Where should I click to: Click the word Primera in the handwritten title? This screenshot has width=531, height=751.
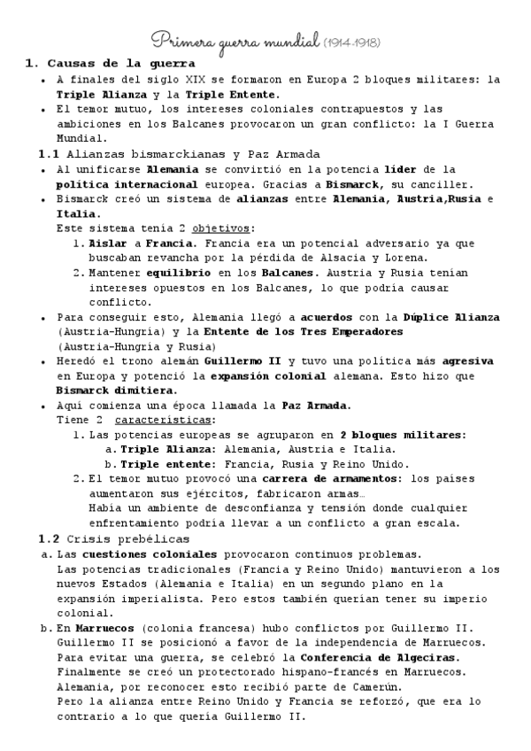[x=182, y=39]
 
